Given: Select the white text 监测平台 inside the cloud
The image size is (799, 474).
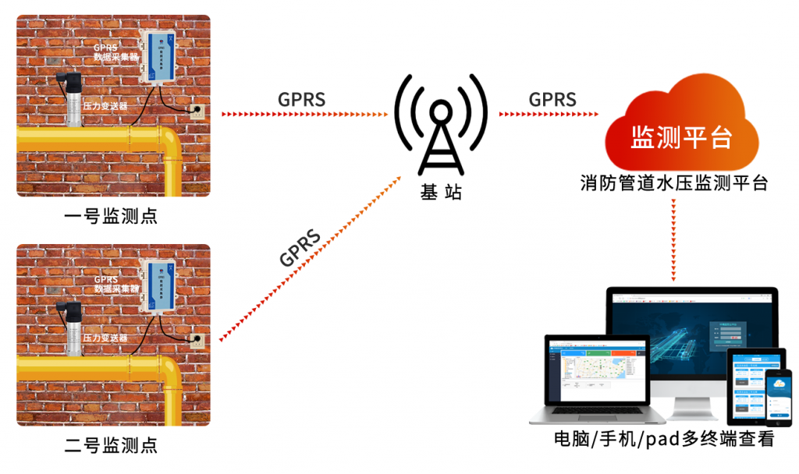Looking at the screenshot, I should point(681,138).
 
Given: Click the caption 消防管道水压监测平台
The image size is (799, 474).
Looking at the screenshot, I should point(674,184).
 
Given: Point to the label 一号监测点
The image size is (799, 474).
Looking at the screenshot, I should point(112,216).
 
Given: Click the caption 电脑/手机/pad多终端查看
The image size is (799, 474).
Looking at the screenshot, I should point(663,439).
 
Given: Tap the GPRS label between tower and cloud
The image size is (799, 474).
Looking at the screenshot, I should point(552,99).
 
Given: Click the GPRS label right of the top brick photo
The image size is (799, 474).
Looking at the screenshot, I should point(301,99).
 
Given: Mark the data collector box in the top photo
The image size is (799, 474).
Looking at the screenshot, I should point(161,56).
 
